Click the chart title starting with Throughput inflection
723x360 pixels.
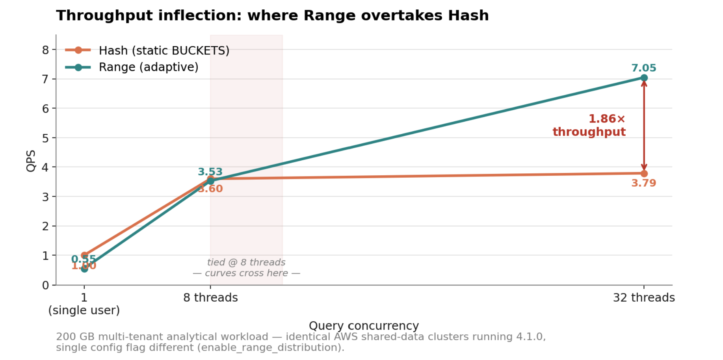coord(272,16)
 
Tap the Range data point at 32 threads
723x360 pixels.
coord(644,78)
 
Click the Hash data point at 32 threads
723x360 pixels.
coord(644,174)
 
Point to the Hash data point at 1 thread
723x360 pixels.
coord(84,255)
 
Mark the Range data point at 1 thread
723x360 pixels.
coord(84,269)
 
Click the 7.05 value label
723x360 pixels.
coord(643,68)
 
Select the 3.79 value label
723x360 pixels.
coord(643,183)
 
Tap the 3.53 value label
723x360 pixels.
coord(210,172)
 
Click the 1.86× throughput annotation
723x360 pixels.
coord(589,125)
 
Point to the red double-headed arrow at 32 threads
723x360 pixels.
coord(644,126)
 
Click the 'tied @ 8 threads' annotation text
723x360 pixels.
coord(246,262)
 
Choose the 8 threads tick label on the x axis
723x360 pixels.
coord(210,298)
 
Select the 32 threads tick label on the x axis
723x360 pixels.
coord(644,298)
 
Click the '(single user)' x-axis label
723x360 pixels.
coord(84,310)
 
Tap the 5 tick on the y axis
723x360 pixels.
coord(46,138)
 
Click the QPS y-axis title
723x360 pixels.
coord(31,161)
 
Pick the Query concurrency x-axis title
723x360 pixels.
coord(363,326)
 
